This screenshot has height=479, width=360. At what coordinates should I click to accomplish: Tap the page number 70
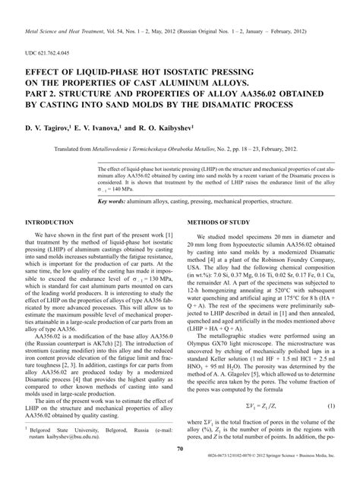180,450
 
